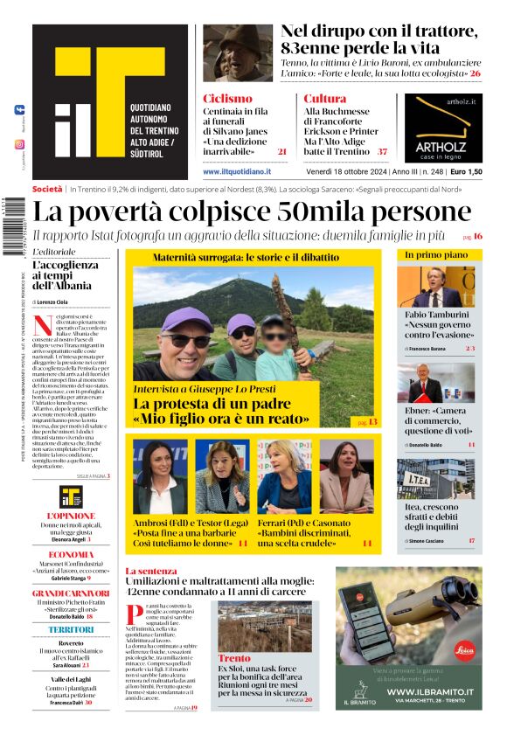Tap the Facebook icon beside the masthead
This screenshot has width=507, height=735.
pos(19,109)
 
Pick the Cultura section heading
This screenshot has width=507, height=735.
pos(325,99)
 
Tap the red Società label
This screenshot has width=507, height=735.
pos(47,189)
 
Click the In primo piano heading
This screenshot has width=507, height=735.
pos(430,254)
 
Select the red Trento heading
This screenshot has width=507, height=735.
pos(233,658)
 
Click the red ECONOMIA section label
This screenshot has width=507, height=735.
pos(71,554)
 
